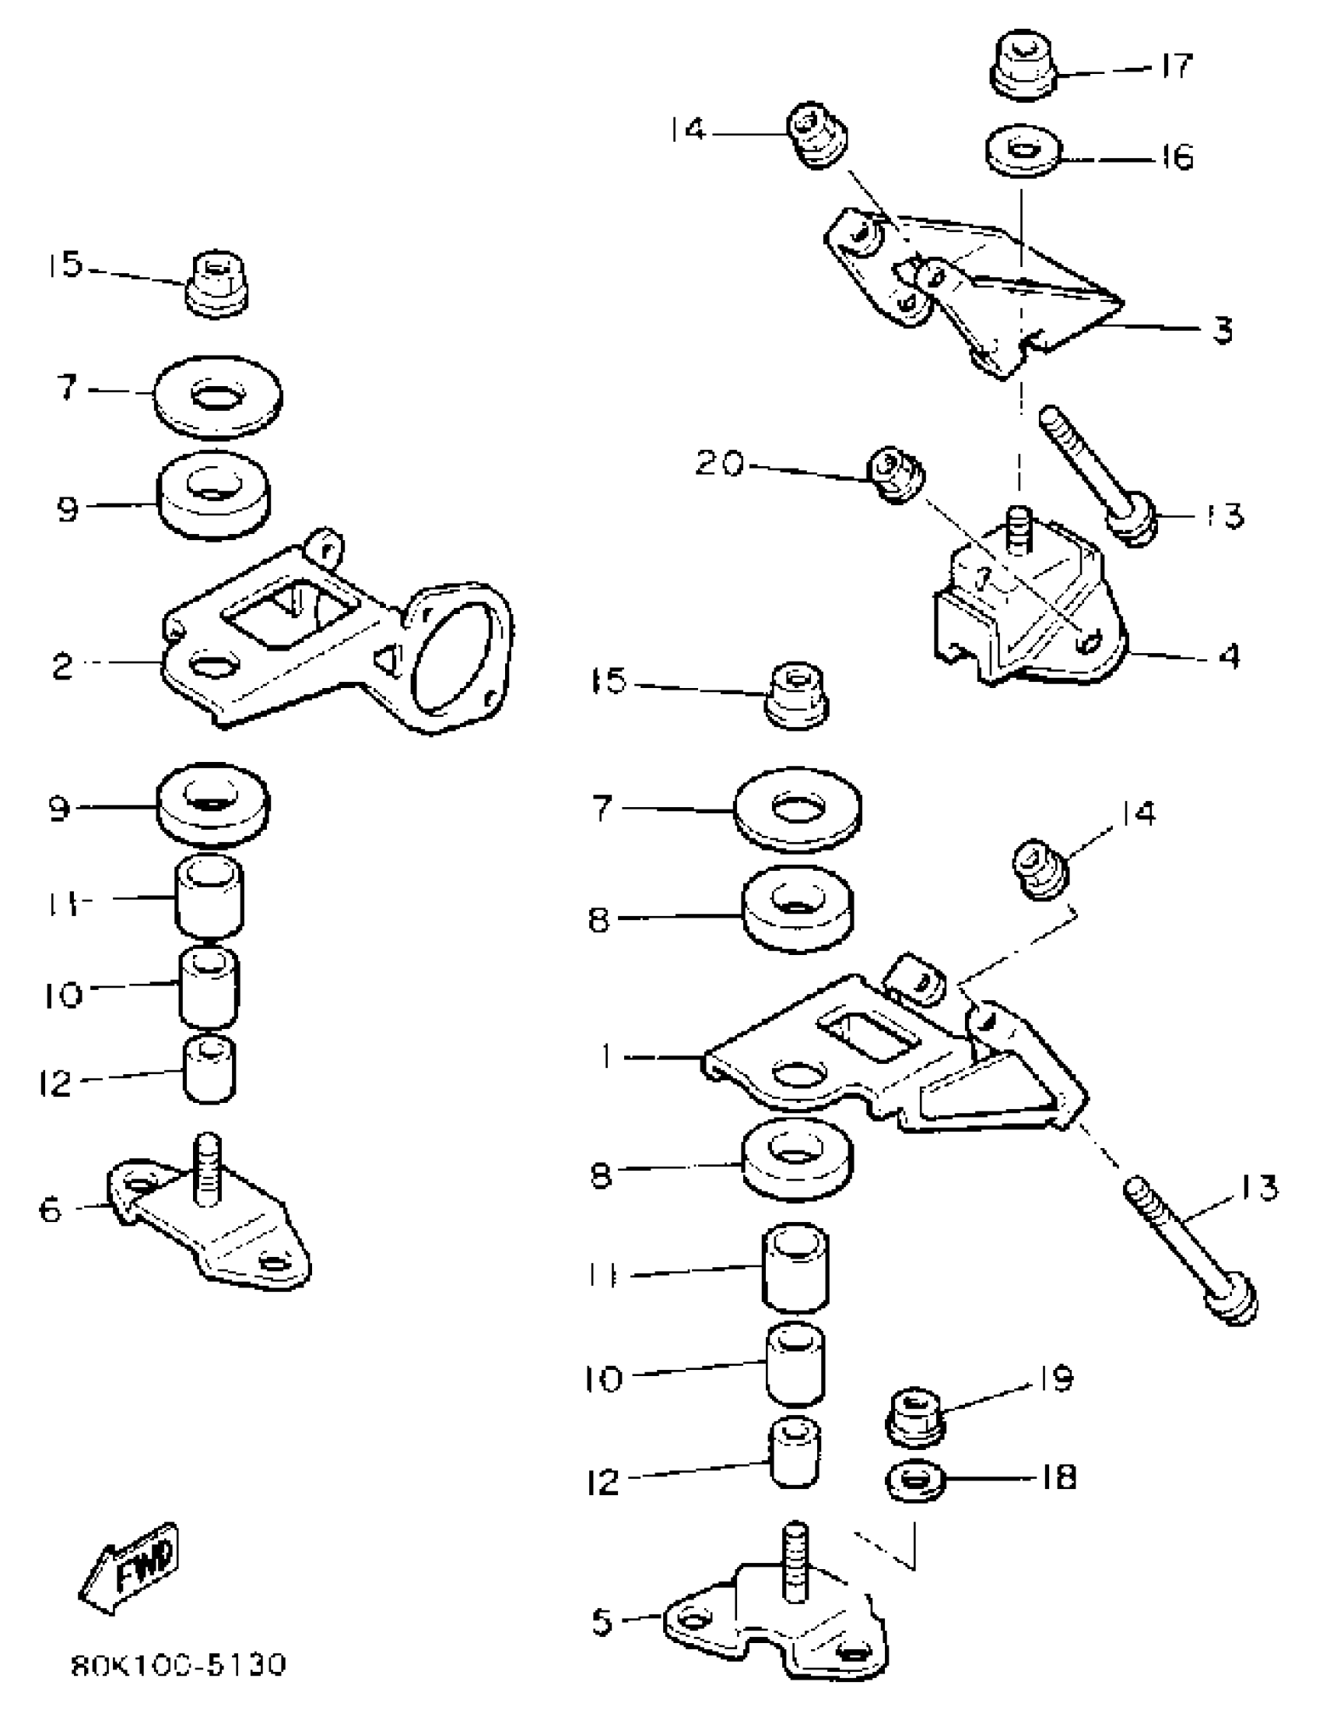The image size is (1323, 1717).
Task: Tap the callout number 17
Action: tap(1177, 65)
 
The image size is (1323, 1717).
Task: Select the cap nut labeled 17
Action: tap(1020, 67)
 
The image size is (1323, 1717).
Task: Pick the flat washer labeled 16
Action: tap(1022, 152)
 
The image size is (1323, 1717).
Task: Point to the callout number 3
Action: tap(1222, 330)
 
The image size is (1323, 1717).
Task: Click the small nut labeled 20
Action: tap(896, 475)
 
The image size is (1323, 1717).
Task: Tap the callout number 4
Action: tap(1228, 655)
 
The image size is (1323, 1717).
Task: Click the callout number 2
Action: tap(63, 667)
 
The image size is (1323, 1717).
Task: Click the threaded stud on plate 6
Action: tap(207, 1169)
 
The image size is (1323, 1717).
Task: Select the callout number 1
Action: tap(605, 1057)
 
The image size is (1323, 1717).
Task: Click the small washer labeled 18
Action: tap(914, 1480)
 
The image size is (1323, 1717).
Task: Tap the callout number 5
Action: tap(602, 1622)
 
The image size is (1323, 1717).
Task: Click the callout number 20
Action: tap(719, 464)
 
